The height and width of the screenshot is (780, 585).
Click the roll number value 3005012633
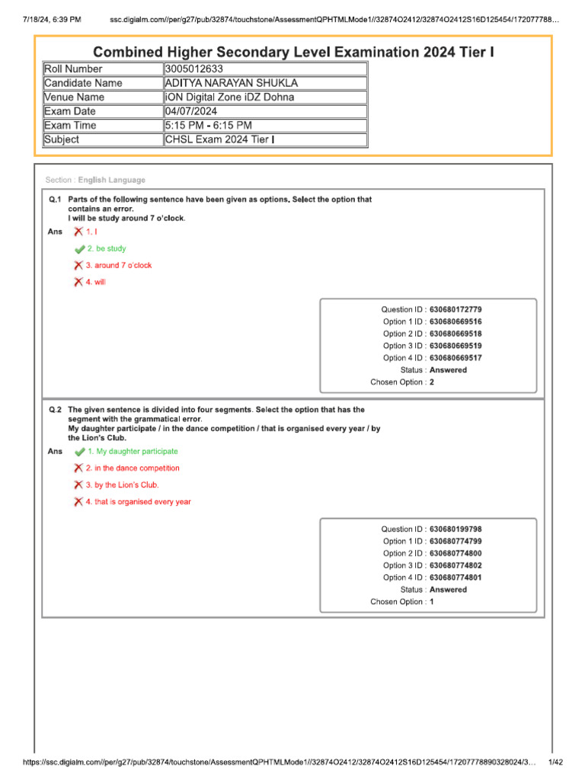click(193, 69)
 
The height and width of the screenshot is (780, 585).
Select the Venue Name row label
click(74, 97)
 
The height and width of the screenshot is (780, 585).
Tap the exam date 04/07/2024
click(190, 111)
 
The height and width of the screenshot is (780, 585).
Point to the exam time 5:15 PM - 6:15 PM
click(209, 126)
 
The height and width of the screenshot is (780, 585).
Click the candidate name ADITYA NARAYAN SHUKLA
click(232, 83)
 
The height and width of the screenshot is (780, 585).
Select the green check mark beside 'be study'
click(79, 249)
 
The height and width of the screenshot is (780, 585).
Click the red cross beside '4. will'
click(78, 283)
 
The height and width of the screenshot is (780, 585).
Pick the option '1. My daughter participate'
click(132, 452)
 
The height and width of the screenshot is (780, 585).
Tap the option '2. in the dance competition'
click(133, 468)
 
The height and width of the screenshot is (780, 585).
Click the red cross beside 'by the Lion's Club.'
click(78, 485)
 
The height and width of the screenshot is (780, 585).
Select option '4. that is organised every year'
click(138, 502)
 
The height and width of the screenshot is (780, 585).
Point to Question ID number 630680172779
click(456, 310)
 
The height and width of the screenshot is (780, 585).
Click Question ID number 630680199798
click(456, 529)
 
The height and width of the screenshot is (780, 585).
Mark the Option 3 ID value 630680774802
click(456, 566)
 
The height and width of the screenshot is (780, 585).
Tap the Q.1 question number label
click(55, 200)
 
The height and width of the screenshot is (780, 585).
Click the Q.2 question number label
click(55, 410)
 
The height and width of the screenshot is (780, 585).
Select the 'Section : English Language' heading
click(95, 181)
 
